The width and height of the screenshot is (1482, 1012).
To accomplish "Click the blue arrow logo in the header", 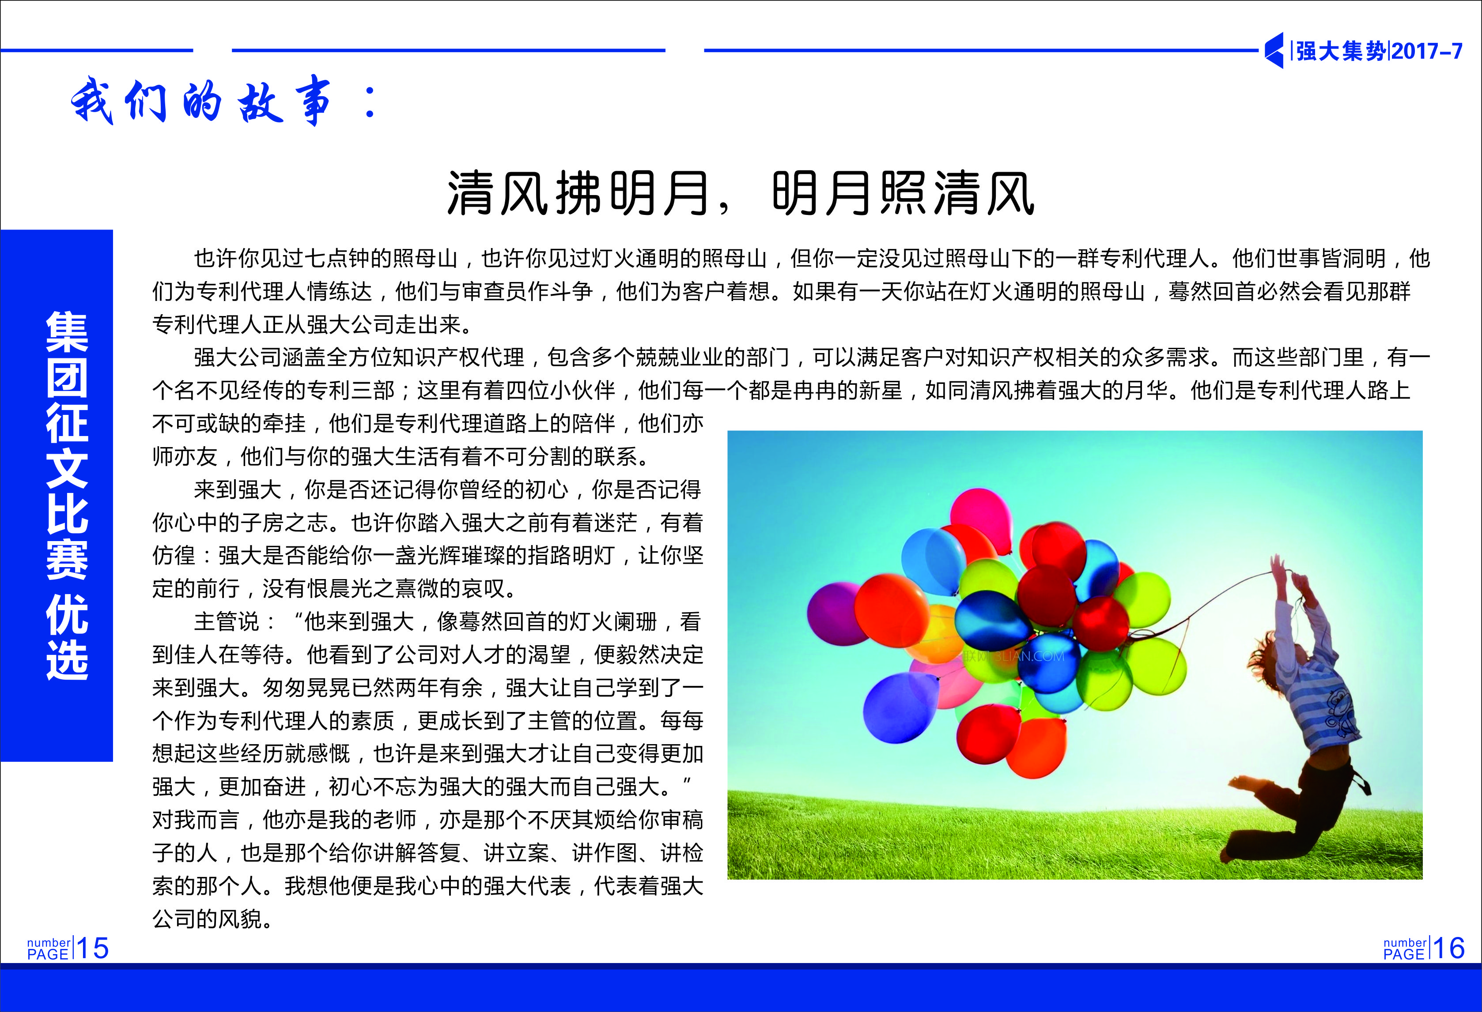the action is [x=1274, y=50].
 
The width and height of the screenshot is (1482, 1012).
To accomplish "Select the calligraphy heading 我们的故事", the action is [x=201, y=100].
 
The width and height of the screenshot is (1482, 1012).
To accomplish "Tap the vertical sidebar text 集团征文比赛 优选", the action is [x=67, y=496].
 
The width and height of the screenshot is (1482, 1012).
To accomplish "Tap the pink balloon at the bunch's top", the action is [x=981, y=519].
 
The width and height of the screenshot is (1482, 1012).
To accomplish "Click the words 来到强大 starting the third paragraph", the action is [x=238, y=489].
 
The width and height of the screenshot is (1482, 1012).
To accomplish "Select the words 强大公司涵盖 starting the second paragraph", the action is [x=260, y=357].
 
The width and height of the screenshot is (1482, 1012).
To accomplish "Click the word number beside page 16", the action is [x=1405, y=943].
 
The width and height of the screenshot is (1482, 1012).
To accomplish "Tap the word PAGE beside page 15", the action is [x=48, y=954].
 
